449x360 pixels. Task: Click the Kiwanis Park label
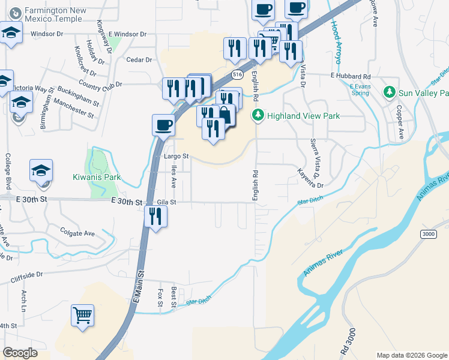(97, 177)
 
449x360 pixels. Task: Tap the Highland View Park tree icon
(258, 115)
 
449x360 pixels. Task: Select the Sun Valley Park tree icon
(390, 93)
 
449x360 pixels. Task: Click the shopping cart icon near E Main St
(82, 314)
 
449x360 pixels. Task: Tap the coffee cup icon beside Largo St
(163, 125)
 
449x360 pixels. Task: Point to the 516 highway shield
(237, 74)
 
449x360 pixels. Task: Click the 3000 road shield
(428, 234)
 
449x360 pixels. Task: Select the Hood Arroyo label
(335, 42)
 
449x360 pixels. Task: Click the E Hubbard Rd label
(351, 77)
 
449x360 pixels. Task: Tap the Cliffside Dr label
(26, 277)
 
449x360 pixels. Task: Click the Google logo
(20, 352)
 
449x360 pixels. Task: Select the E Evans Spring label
(360, 89)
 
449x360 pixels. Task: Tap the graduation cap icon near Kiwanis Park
(41, 171)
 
